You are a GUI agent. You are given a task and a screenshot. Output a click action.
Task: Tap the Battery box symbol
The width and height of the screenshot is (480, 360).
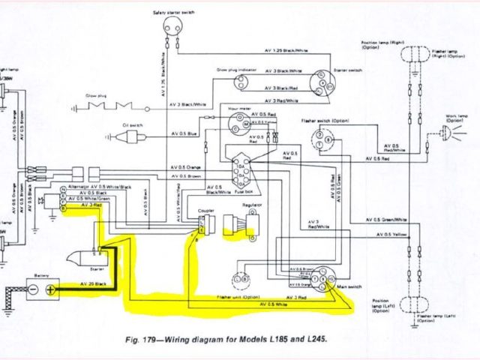click(x=43, y=288)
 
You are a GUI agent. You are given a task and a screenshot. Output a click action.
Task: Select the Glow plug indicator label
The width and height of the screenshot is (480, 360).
click(x=235, y=68)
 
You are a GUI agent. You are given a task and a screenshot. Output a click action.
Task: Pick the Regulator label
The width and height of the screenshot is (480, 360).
click(x=251, y=204)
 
